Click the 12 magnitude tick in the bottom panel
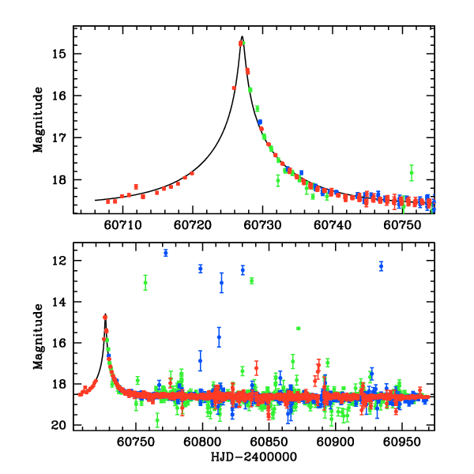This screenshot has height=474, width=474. (60, 261)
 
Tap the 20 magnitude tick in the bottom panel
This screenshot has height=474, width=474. (60, 426)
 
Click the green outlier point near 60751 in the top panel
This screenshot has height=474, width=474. (412, 173)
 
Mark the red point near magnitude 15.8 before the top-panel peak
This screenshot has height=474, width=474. (234, 88)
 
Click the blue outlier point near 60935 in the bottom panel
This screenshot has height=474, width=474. (381, 266)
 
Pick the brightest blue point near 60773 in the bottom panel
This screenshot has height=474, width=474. (166, 253)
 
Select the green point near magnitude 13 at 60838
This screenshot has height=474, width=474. (251, 280)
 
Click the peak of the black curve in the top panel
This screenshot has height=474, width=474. (242, 36)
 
